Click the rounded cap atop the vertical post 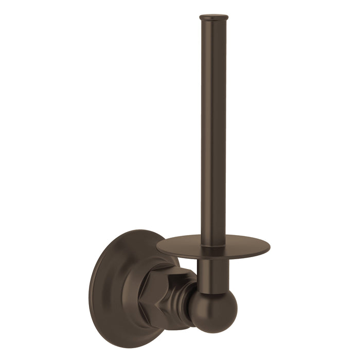coord(213,19)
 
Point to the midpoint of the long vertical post coord(213,129)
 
